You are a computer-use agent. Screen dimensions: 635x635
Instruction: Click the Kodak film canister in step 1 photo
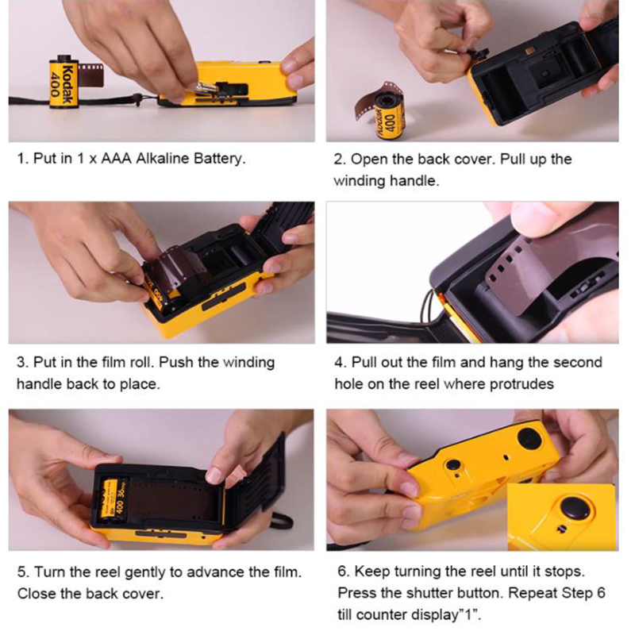tap(63, 83)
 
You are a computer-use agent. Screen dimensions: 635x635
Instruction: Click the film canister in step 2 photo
tap(389, 116)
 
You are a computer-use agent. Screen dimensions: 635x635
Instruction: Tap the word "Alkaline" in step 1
tap(162, 158)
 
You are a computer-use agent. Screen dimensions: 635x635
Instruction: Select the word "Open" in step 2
tap(369, 160)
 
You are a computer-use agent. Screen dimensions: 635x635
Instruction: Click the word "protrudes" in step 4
tap(521, 384)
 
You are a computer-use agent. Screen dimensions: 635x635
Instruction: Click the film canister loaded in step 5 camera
tap(114, 501)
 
